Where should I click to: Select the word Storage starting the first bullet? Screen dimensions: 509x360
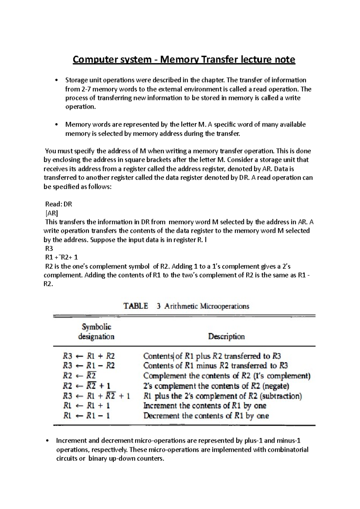pyautogui.click(x=76, y=80)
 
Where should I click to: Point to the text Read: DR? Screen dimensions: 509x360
pyautogui.click(x=58, y=204)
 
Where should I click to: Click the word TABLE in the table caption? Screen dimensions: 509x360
pyautogui.click(x=136, y=306)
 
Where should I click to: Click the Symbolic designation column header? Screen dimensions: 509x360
pyautogui.click(x=96, y=332)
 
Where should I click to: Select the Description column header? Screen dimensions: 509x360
pyautogui.click(x=226, y=336)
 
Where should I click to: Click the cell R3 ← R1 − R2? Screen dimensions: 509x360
pyautogui.click(x=89, y=366)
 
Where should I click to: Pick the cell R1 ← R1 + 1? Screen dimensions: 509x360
pyautogui.click(x=87, y=406)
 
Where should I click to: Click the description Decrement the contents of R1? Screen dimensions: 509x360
pyautogui.click(x=206, y=416)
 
